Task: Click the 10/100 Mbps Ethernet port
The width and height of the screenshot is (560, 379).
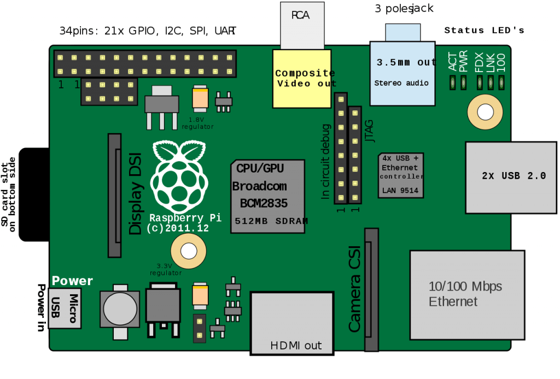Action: (467, 294)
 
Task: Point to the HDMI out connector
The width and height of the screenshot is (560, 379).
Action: (292, 323)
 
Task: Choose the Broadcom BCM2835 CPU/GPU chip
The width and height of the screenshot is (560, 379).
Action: (267, 196)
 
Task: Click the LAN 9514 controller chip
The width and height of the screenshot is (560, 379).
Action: (401, 175)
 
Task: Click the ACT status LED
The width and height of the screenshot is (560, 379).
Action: (453, 83)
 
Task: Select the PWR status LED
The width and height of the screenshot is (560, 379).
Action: (464, 83)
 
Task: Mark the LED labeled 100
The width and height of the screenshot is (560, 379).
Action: (501, 83)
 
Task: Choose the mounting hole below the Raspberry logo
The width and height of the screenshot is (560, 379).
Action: (189, 251)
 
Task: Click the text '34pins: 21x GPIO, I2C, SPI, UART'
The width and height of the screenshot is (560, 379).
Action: (148, 31)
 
